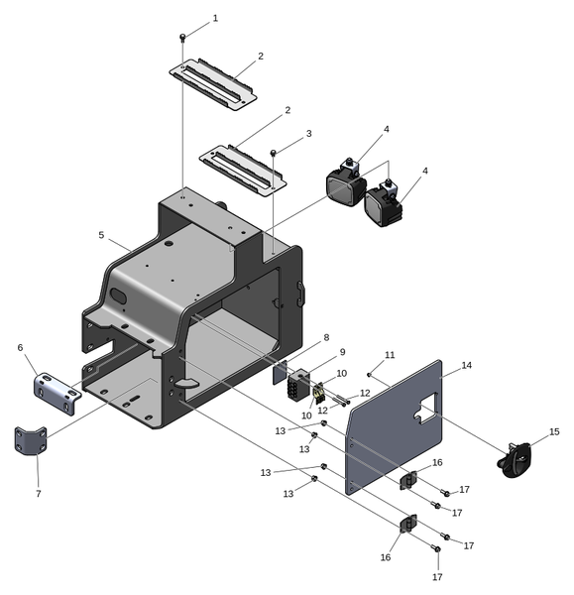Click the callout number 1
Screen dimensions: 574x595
215,18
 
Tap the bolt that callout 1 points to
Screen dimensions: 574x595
182,37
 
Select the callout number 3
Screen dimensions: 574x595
309,134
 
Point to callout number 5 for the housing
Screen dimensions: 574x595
101,235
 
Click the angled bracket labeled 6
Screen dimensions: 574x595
58,393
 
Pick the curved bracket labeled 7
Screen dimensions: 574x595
31,440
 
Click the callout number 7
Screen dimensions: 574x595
39,494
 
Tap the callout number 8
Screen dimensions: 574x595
326,337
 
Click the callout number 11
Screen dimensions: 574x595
390,355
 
